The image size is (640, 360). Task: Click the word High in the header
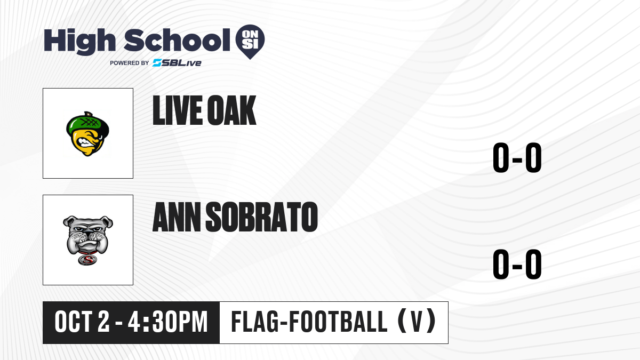[79, 42]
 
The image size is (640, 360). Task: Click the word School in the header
[177, 40]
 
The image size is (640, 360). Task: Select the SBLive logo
[177, 62]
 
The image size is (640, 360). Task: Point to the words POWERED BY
[130, 63]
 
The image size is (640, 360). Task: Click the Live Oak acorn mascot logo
[87, 134]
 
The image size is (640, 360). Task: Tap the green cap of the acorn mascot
[87, 123]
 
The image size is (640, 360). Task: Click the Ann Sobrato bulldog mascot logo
[88, 240]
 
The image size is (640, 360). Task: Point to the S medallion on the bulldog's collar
[87, 260]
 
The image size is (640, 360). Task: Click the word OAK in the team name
[231, 110]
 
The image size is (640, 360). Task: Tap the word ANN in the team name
[177, 217]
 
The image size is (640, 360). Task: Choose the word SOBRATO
[262, 217]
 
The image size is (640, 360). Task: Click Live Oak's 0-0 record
[517, 157]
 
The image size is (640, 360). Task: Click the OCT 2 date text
[82, 322]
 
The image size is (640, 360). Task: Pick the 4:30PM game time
[167, 322]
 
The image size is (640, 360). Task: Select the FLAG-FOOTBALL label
[309, 322]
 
